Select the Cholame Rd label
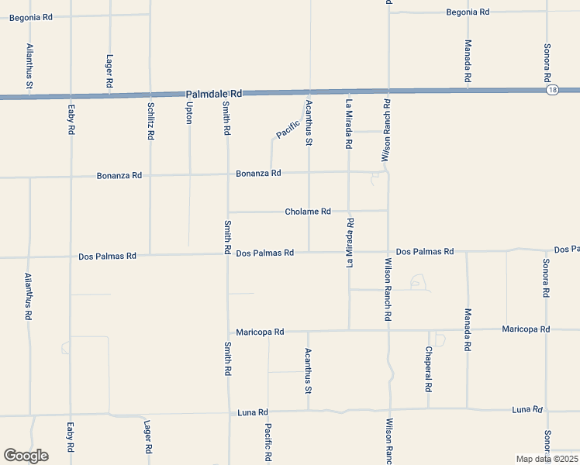coord(308,212)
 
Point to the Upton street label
coord(188,113)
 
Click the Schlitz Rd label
coord(150,121)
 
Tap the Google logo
coord(26,456)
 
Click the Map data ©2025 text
coord(547,459)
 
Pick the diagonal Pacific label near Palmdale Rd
coord(288,129)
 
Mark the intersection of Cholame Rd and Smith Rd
coord(227,212)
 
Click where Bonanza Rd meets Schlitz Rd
coord(150,175)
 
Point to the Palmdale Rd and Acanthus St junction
coord(309,91)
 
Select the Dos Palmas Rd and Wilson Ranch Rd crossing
coord(388,252)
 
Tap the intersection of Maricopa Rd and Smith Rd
coord(228,332)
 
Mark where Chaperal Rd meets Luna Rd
coord(429,409)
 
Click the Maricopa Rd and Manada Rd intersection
coord(468,329)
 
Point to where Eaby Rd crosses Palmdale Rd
coord(71,96)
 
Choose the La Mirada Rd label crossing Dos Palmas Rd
coord(350,243)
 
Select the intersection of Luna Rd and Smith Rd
coord(229,413)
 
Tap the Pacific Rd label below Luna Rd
coord(268,442)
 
